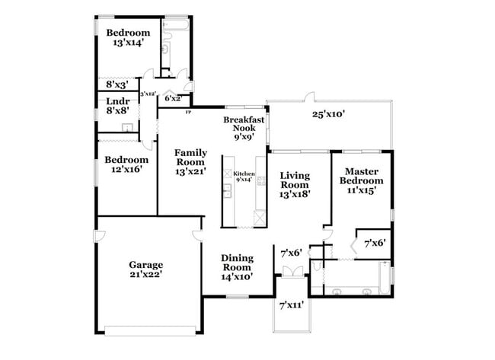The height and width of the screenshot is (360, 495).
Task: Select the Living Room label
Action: [295, 180]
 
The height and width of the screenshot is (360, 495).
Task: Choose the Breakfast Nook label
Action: [244, 124]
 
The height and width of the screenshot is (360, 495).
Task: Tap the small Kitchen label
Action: [244, 174]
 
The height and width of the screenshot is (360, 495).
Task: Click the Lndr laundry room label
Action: [117, 101]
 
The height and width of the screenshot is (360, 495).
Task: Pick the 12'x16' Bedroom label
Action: [126, 160]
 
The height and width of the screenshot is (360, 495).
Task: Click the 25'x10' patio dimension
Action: [329, 115]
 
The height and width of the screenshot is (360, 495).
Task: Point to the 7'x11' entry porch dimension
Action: [292, 305]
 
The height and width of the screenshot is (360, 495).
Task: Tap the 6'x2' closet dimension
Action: [173, 98]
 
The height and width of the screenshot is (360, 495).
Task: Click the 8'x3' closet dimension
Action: [117, 84]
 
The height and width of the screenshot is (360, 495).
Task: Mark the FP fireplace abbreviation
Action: [188, 112]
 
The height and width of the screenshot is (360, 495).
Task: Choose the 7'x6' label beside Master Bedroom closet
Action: [374, 244]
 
